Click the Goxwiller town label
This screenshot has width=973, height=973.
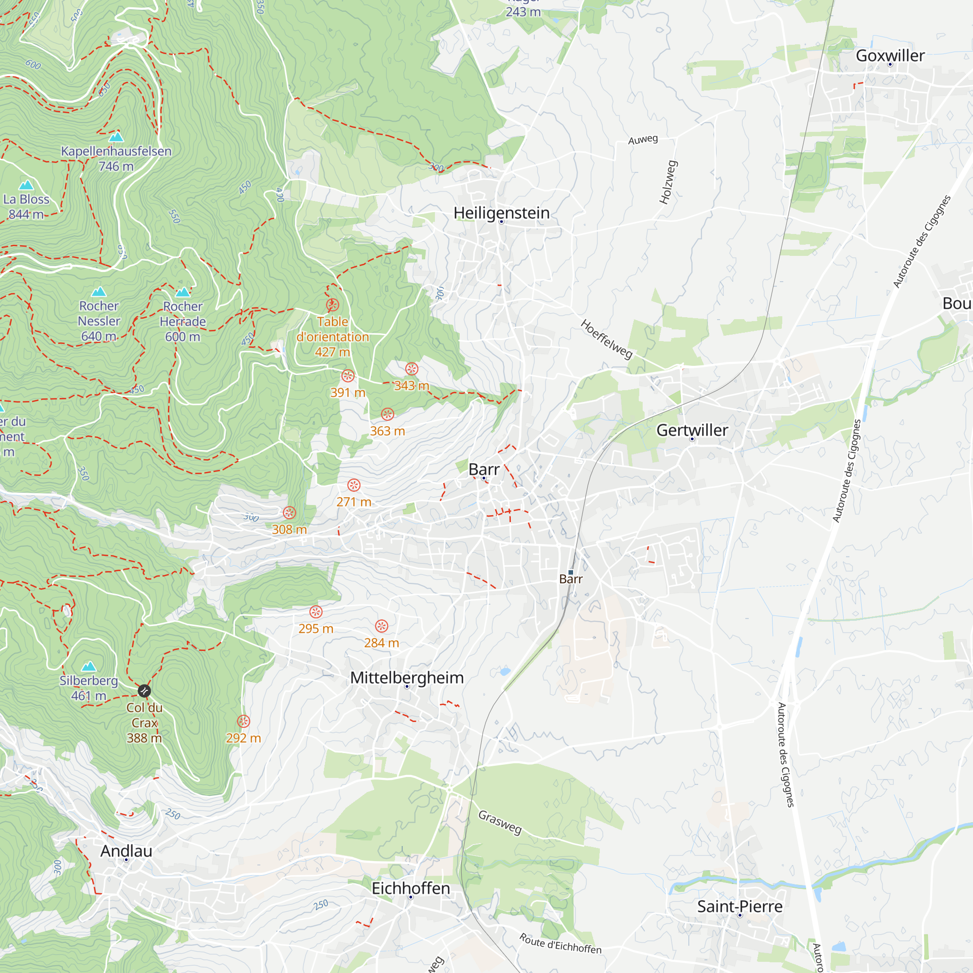[x=890, y=55]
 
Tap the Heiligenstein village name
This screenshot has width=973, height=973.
[x=501, y=213]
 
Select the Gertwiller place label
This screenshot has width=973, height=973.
[x=692, y=430]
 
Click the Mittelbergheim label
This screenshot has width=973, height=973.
[x=407, y=677]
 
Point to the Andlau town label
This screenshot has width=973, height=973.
[x=126, y=850]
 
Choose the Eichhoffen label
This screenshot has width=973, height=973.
[x=411, y=888]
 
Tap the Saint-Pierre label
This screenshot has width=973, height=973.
[x=739, y=906]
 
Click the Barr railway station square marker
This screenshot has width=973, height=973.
[x=571, y=572]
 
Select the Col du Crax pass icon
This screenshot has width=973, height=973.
[x=144, y=690]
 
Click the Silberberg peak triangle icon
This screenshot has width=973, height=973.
[x=89, y=667]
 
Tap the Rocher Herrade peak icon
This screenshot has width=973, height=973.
[x=182, y=292]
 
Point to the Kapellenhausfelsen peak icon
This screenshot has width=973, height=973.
[x=116, y=137]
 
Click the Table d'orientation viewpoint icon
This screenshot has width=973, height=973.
[x=332, y=305]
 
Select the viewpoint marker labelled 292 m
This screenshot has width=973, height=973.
[x=243, y=721]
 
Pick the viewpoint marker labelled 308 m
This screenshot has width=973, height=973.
[x=289, y=513]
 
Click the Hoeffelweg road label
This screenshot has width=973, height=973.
[x=606, y=339]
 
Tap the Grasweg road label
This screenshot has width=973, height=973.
[x=500, y=822]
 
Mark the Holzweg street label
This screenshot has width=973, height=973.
[x=668, y=182]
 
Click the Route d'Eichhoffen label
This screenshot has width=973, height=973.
[x=560, y=943]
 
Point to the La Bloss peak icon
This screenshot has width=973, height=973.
[x=26, y=185]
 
